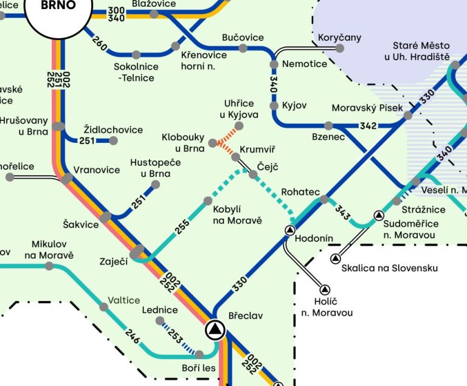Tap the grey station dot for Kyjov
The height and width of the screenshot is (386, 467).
click(274, 106)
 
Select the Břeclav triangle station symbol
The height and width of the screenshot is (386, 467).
click(215, 330)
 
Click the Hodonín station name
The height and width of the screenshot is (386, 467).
click(313, 240)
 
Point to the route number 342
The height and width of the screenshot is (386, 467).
click(368, 126)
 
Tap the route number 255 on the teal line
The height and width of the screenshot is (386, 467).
click(182, 225)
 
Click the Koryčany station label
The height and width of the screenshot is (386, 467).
click(339, 38)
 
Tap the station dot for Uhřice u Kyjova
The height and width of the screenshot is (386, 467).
click(239, 126)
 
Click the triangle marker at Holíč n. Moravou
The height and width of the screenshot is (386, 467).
click(325, 289)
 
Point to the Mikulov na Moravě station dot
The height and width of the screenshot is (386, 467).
click(49, 266)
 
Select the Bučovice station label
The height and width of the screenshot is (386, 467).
click(243, 37)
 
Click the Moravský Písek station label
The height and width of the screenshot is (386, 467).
click(367, 108)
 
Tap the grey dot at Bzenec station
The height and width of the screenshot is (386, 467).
click(328, 126)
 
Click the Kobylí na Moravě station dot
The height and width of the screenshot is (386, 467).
click(208, 201)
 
